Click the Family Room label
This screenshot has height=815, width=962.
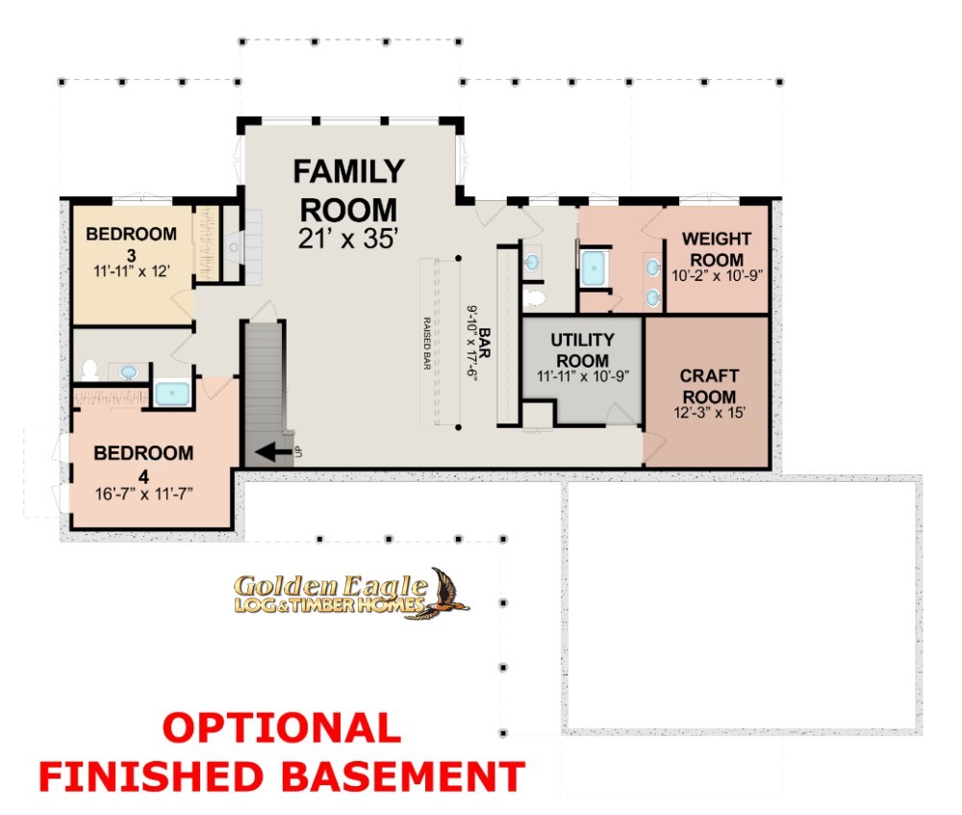348,191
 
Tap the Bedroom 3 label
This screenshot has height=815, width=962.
131,243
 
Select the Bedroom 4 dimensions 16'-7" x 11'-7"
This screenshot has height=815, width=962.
143,494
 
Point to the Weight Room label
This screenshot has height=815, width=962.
717,249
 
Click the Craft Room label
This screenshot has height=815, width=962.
709,386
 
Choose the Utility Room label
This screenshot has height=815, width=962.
582,350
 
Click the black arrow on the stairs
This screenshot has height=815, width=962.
273,453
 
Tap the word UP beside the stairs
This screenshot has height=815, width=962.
299,451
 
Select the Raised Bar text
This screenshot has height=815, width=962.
427,344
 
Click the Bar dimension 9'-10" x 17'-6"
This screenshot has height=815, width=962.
471,344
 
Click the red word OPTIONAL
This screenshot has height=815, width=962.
282,727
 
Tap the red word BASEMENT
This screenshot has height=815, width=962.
404,777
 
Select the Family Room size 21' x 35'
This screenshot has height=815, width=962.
348,239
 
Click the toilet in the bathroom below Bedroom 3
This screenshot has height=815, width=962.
89,369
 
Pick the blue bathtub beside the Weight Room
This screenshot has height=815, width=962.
594,267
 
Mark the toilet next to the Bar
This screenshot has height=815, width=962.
535,298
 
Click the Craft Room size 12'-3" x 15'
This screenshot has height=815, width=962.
709,413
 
